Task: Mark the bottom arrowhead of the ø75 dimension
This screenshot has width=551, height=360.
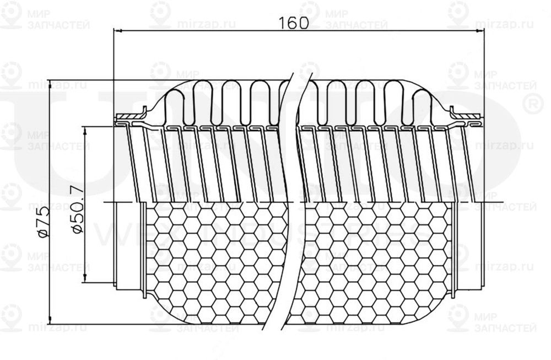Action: coord(50,318)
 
